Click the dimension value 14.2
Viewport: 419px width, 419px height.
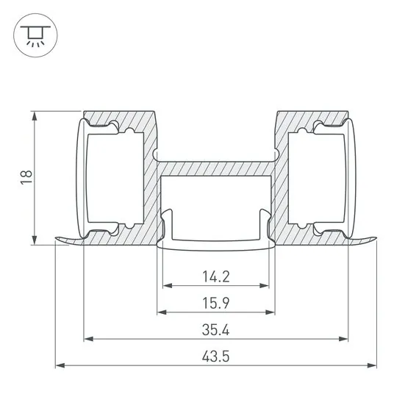point(216,276)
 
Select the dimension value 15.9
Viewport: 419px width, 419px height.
point(216,303)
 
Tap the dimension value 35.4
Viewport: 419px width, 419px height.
point(216,330)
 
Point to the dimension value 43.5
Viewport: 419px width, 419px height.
point(216,357)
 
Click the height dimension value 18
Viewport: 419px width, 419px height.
point(26,177)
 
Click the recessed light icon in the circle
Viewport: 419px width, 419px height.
point(35,35)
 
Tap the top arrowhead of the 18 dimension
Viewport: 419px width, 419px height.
point(35,116)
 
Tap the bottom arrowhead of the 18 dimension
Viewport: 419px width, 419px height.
point(35,240)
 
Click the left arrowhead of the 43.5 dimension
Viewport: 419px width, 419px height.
point(60,365)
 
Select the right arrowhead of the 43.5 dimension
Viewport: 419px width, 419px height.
point(372,365)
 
